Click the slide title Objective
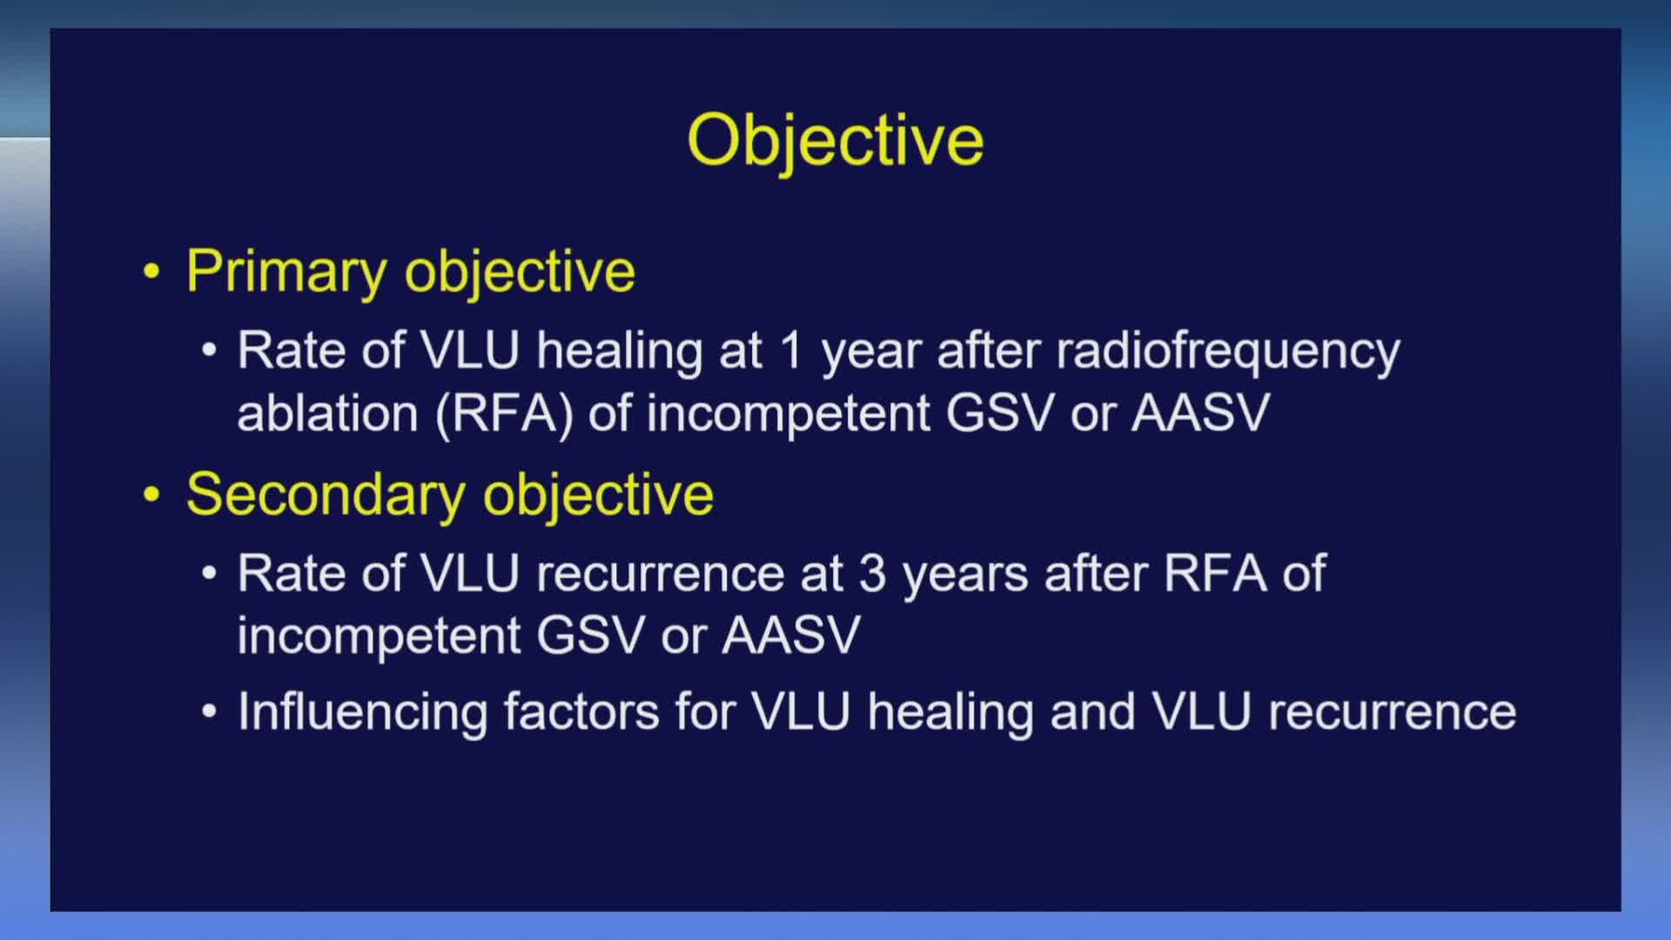point(835,141)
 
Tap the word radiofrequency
point(1228,352)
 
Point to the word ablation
point(327,413)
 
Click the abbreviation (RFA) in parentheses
point(504,414)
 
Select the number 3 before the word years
point(873,574)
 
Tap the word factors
point(581,712)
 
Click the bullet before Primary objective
point(152,272)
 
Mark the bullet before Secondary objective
point(152,494)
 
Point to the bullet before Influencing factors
point(209,711)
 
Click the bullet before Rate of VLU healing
point(209,351)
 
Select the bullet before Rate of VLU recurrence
point(209,574)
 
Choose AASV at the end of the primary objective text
point(1201,413)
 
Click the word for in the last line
point(705,712)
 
